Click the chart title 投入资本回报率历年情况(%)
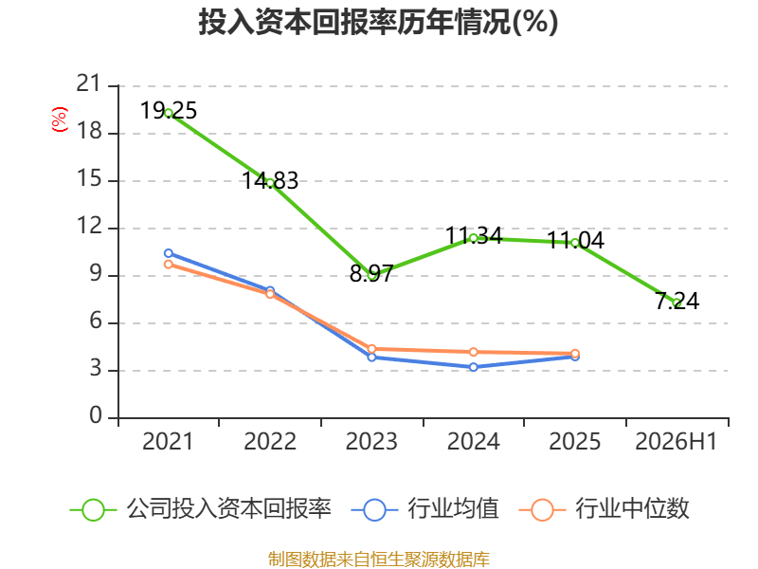[x=378, y=22]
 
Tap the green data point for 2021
[x=169, y=113]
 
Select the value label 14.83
[x=270, y=180]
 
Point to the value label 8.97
[x=371, y=274]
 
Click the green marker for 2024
[x=473, y=238]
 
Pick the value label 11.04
[x=575, y=240]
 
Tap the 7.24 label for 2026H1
[x=677, y=301]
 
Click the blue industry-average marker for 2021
[x=169, y=253]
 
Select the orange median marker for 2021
[x=169, y=265]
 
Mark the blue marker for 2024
[x=473, y=367]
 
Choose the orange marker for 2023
[x=371, y=349]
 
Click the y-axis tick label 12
[x=89, y=226]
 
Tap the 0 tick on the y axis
[x=96, y=415]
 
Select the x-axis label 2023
[x=371, y=441]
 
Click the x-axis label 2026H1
[x=677, y=441]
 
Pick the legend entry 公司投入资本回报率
[x=200, y=509]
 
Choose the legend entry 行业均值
[x=424, y=509]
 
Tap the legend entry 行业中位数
[x=604, y=509]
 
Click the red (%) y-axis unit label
[x=60, y=119]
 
